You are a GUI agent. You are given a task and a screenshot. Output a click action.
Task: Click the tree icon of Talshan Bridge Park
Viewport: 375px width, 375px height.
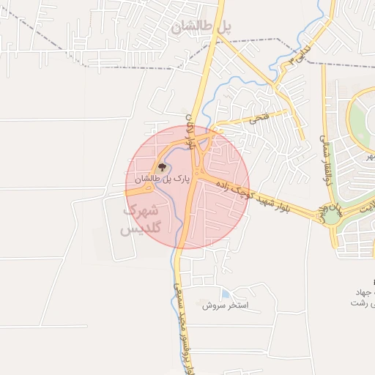(x=162, y=168)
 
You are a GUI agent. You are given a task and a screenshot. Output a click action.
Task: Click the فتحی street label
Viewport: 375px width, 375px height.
(x=259, y=116)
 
